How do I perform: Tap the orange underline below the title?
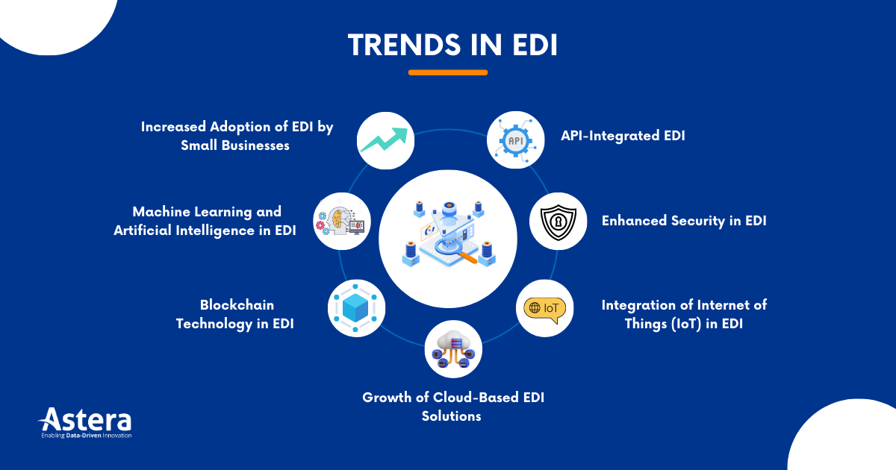(x=448, y=72)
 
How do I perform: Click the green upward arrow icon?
(x=385, y=140)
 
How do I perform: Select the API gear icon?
(x=515, y=140)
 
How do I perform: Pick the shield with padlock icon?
(x=558, y=222)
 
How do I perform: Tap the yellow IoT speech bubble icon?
(x=545, y=308)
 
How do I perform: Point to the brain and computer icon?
(x=341, y=222)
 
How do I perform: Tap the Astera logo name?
(x=85, y=419)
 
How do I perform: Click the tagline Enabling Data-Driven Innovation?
(x=85, y=435)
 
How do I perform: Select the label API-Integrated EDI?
(x=623, y=136)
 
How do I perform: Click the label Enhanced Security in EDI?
(x=684, y=221)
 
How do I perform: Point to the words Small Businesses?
(x=234, y=145)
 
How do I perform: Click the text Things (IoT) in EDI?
(x=682, y=324)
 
